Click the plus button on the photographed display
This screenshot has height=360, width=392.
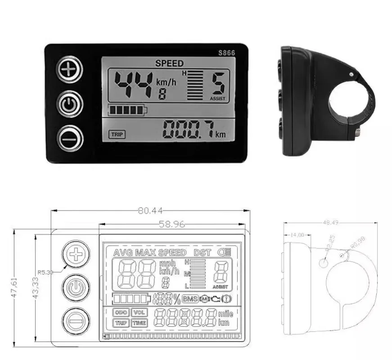tap(70, 70)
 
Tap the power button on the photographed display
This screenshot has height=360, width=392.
tap(70, 104)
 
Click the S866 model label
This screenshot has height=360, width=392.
tap(226, 53)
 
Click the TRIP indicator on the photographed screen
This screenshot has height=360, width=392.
tap(117, 134)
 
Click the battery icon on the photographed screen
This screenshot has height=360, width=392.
tap(128, 109)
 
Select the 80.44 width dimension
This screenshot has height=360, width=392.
tap(151, 210)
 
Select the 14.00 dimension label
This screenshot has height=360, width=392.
tap(297, 234)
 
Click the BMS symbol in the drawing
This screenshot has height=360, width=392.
tap(190, 298)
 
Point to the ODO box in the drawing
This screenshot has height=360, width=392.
tap(121, 312)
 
